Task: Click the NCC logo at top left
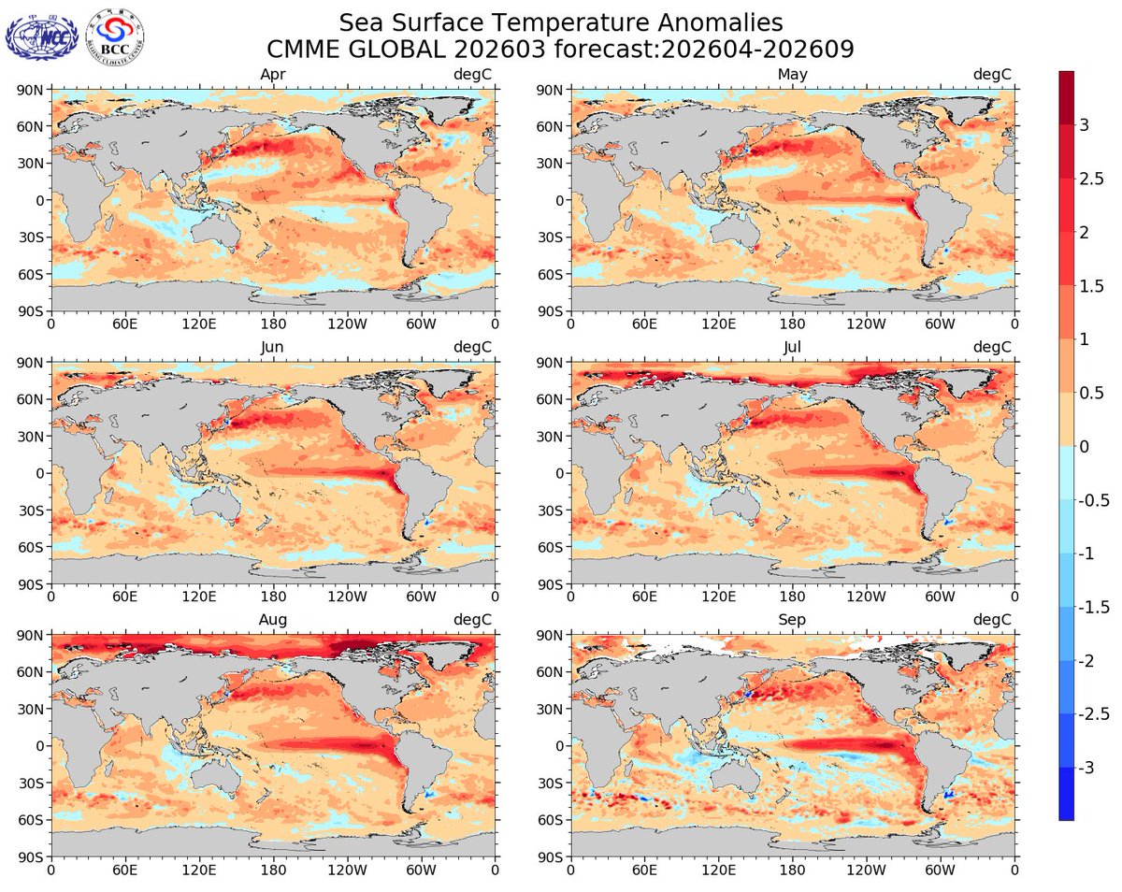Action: point(41,37)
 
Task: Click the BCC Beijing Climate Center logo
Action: point(114,38)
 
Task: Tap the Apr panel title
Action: point(272,74)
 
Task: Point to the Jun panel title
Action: point(272,347)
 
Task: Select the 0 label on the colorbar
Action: point(1085,446)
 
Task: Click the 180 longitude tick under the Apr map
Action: point(272,324)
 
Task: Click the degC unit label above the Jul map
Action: point(993,347)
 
